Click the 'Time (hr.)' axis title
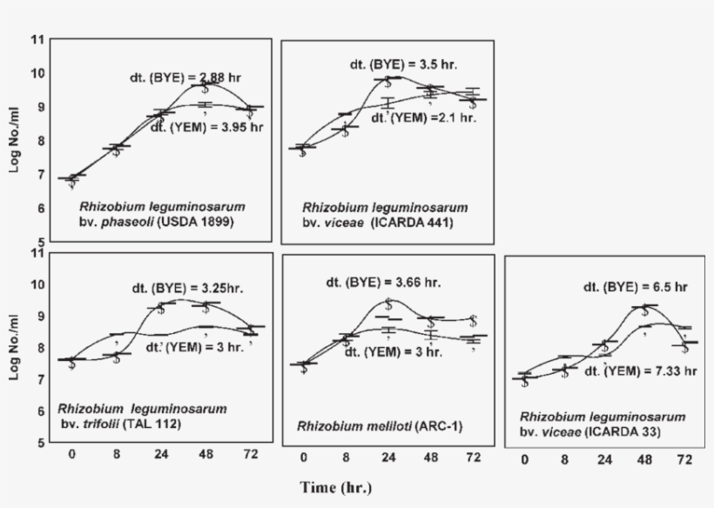click(336, 487)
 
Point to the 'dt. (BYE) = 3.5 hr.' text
click(404, 64)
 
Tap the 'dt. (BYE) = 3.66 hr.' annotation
click(384, 282)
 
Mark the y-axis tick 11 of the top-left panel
click(36, 40)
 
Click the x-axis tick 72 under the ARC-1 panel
click(473, 458)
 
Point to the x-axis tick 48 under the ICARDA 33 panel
click(644, 459)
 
